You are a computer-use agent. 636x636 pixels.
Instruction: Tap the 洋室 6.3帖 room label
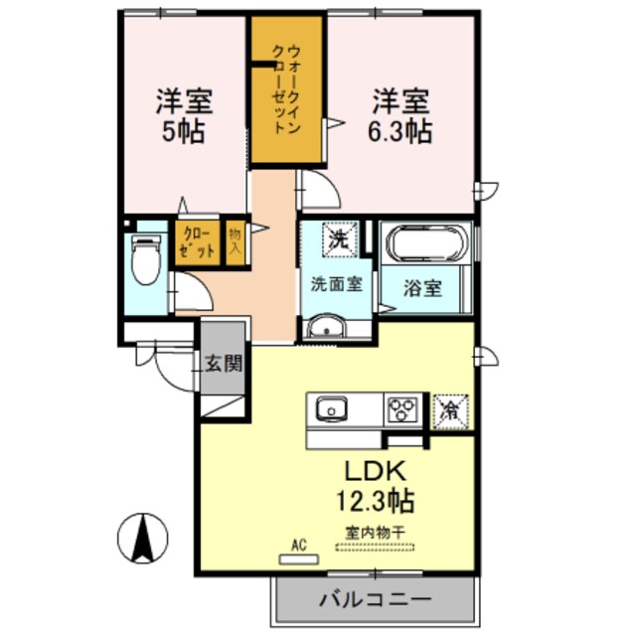[x=400, y=116]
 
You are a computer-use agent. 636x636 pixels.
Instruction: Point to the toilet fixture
[x=146, y=260]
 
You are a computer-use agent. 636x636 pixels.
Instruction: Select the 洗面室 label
[x=336, y=283]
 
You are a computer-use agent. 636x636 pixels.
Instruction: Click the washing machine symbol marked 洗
[x=338, y=239]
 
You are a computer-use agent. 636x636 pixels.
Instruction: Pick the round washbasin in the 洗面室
[x=325, y=329]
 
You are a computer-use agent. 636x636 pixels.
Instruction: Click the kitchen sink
[x=331, y=408]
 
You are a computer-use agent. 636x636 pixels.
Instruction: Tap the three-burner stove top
[x=402, y=408]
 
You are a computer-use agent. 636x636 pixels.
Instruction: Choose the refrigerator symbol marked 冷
[x=449, y=408]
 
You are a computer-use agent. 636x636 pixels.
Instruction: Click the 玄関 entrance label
[x=224, y=363]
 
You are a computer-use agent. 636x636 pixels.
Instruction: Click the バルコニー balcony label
[x=375, y=600]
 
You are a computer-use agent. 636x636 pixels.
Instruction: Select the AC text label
[x=297, y=545]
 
